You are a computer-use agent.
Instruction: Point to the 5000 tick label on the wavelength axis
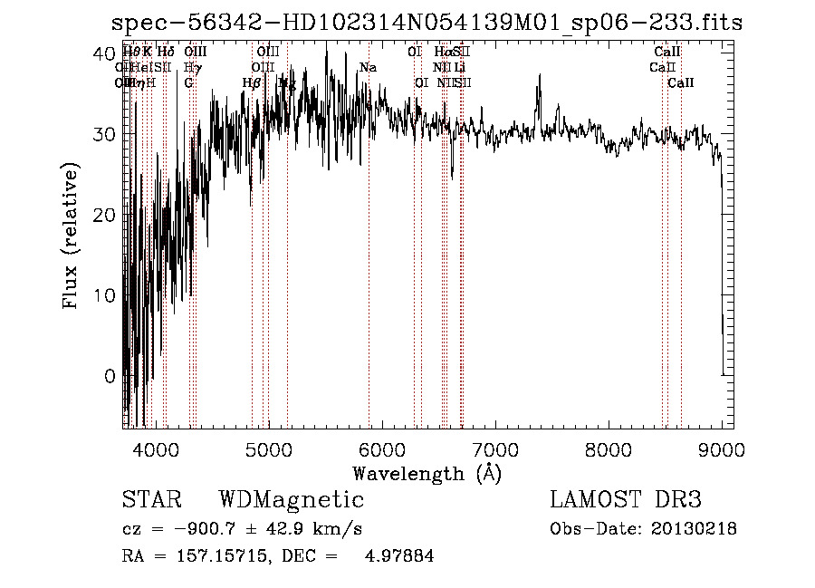[x=268, y=448]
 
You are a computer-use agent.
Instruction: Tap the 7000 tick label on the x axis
[x=495, y=448]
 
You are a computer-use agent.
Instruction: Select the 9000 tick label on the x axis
[x=722, y=448]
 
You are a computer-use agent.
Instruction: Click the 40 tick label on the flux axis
[x=104, y=53]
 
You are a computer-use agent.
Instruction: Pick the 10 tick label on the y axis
[x=104, y=295]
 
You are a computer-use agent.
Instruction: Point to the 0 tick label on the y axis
[x=110, y=376]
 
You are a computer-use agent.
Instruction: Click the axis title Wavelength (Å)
[x=427, y=473]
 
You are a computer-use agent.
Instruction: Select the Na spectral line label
[x=368, y=68]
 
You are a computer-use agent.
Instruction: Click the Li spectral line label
[x=460, y=68]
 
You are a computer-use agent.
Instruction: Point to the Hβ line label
[x=252, y=83]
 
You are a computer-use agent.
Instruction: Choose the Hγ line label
[x=192, y=68]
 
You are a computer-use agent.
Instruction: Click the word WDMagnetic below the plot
[x=291, y=500]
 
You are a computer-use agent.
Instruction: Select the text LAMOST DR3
[x=625, y=500]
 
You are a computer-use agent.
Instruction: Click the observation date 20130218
[x=695, y=529]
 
